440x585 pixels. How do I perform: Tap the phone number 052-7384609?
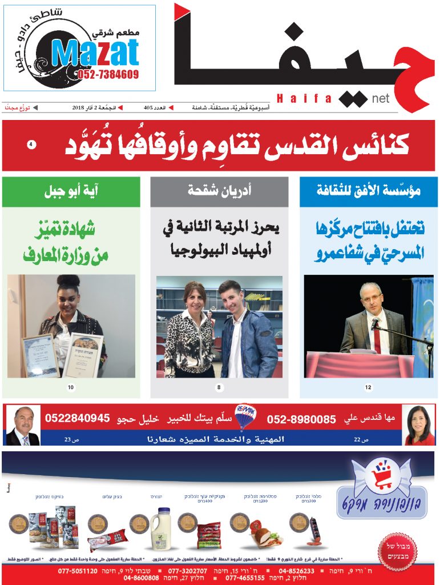tap(106, 74)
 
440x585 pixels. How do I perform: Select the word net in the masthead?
tap(380, 99)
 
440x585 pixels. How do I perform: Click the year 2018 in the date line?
tap(78, 107)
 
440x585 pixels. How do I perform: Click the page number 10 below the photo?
tap(71, 388)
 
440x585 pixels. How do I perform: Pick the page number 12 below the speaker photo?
tap(368, 388)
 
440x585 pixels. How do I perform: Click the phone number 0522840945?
tap(78, 418)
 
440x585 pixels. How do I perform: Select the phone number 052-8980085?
tap(301, 419)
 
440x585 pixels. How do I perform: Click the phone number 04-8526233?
tap(297, 571)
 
